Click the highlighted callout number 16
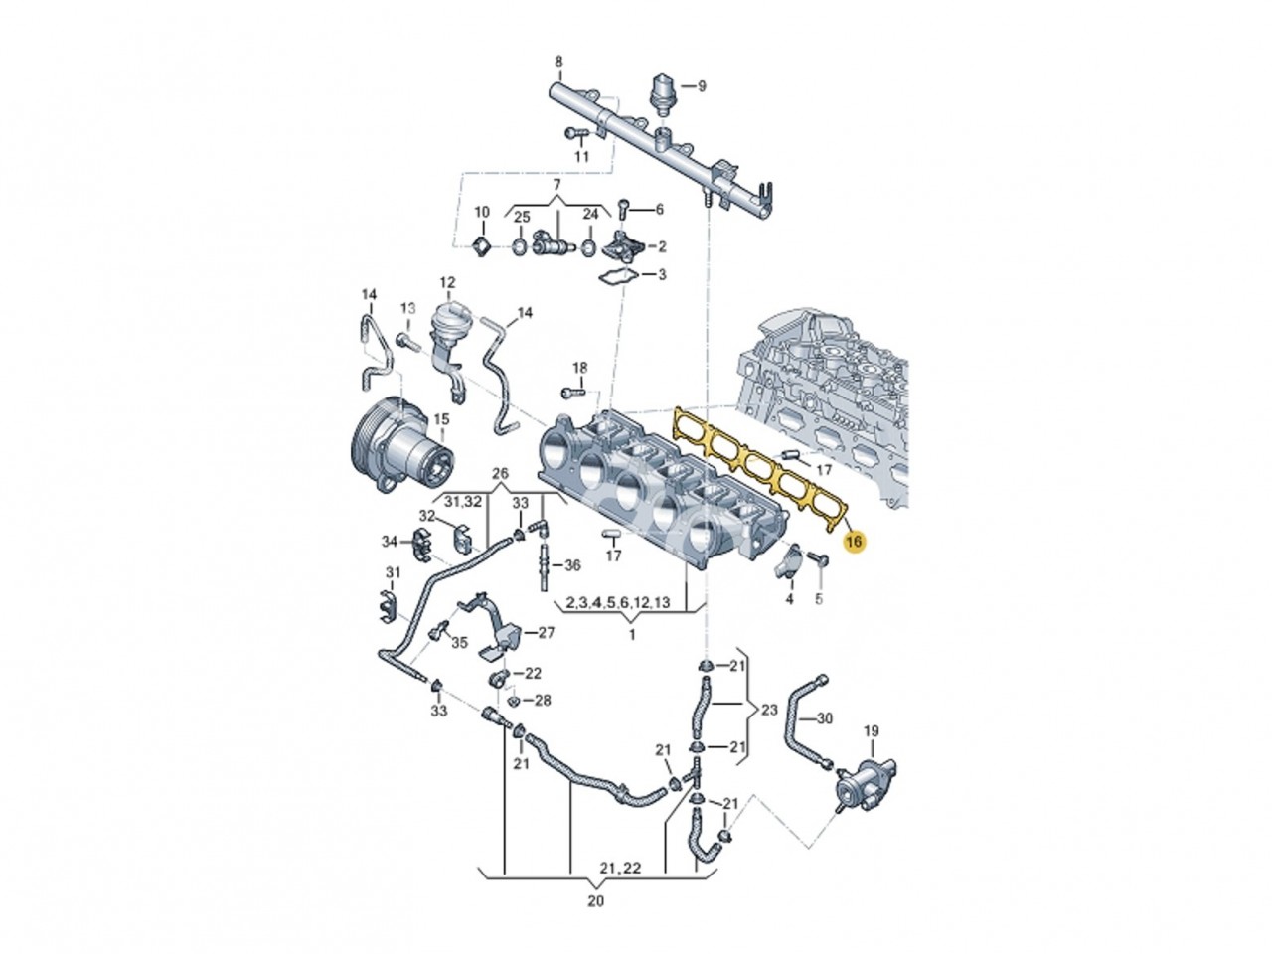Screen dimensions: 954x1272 854,543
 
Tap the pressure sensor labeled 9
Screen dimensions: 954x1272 663,89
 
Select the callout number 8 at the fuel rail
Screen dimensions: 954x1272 558,62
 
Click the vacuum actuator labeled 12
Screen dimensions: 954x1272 446,323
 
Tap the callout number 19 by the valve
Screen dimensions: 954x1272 871,732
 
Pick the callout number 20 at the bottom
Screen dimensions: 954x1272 595,902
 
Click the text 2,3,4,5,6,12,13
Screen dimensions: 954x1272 617,603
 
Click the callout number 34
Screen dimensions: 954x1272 390,541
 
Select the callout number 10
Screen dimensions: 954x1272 481,212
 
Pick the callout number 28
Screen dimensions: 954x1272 542,701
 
